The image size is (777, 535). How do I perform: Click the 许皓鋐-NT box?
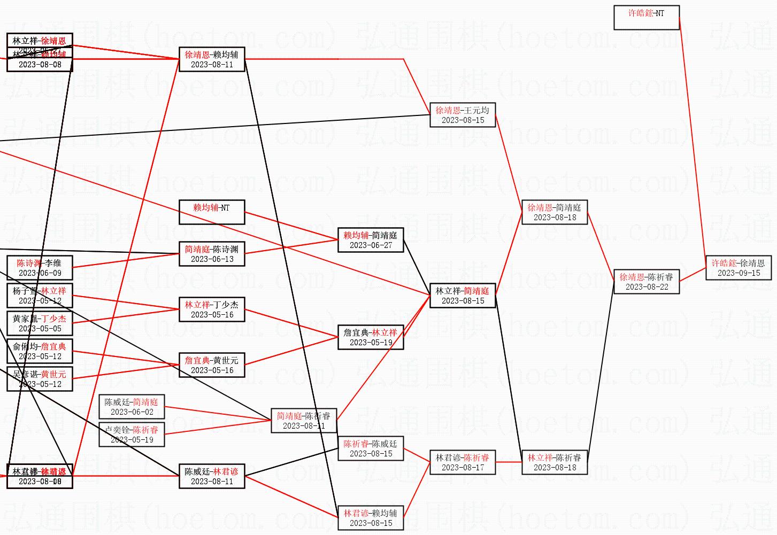(x=646, y=18)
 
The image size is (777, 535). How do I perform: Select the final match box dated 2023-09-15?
(x=738, y=268)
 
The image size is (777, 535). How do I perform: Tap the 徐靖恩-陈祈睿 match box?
(x=646, y=282)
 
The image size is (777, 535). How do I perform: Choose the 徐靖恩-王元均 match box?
(x=463, y=115)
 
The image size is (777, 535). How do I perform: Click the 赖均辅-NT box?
(x=212, y=212)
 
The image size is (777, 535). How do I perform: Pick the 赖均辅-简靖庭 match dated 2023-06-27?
(x=371, y=240)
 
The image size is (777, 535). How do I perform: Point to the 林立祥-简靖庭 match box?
(x=463, y=296)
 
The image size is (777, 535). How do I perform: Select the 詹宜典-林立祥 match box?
(x=371, y=337)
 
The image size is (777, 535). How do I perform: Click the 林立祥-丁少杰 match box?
(x=212, y=309)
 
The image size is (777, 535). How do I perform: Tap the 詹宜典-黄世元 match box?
(x=212, y=365)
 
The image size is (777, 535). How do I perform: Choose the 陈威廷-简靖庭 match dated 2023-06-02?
(x=132, y=407)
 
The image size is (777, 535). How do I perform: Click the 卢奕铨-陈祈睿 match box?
(x=132, y=435)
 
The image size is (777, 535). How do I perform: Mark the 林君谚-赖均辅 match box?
(x=371, y=518)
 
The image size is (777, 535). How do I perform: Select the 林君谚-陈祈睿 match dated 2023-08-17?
(x=463, y=462)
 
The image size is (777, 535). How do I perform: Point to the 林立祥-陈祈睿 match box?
(x=555, y=462)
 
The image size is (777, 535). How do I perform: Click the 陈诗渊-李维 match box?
(x=40, y=268)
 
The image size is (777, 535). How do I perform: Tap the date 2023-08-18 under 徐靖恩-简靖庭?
(x=555, y=218)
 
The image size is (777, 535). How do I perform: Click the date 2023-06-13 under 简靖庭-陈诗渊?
(x=212, y=259)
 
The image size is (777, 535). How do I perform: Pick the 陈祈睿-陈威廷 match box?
(x=371, y=448)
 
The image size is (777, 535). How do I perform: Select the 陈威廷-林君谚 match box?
(x=212, y=476)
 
